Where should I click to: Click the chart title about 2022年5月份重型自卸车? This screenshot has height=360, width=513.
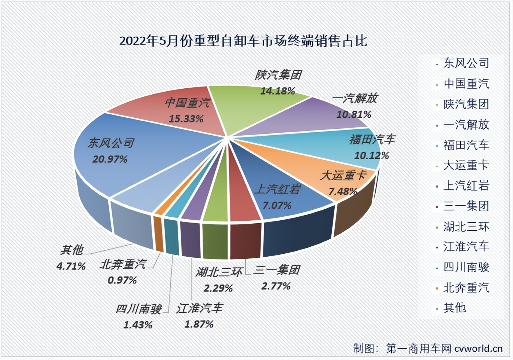pyautogui.click(x=243, y=41)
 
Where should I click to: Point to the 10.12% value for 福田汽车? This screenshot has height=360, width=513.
pyautogui.click(x=371, y=155)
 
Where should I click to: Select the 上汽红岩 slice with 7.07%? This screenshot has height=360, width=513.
pyautogui.click(x=279, y=198)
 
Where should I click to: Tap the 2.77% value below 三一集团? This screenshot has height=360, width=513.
pyautogui.click(x=276, y=286)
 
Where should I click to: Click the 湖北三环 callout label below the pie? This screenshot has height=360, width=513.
pyautogui.click(x=219, y=272)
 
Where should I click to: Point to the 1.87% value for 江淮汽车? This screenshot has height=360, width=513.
pyautogui.click(x=199, y=324)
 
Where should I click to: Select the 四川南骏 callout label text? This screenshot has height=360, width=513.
pyautogui.click(x=138, y=309)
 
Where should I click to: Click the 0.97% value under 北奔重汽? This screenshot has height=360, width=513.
pyautogui.click(x=122, y=280)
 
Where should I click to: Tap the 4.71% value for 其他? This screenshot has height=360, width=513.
pyautogui.click(x=71, y=266)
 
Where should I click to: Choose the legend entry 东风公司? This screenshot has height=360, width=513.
pyautogui.click(x=466, y=63)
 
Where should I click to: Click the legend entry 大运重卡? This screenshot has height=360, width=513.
pyautogui.click(x=466, y=165)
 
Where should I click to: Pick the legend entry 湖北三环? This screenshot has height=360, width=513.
pyautogui.click(x=466, y=227)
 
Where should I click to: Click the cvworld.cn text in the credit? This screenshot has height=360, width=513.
pyautogui.click(x=478, y=348)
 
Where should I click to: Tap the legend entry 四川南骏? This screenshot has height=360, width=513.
pyautogui.click(x=466, y=267)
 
